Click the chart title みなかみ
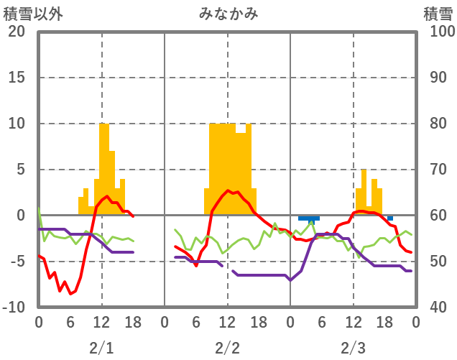coord(228,14)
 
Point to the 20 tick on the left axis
coord(17,32)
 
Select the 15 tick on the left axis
coord(17,78)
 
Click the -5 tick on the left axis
coord(17,262)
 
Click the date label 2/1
coord(101,348)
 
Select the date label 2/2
coord(227,348)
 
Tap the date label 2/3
coord(353,348)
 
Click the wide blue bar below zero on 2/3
coord(308,218)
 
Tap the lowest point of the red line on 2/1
coord(70,293)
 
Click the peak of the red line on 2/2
coord(228,190)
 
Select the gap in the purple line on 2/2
coord(227,268)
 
